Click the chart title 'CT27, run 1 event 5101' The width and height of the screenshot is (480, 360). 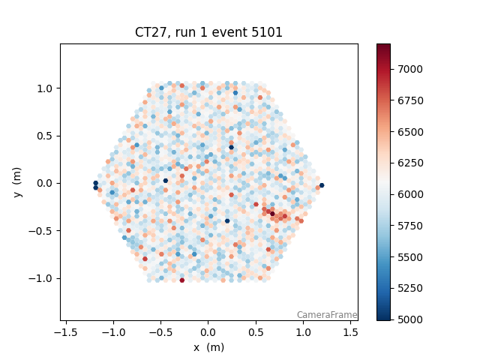pos(208,32)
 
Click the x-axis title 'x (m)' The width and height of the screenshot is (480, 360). pos(208,347)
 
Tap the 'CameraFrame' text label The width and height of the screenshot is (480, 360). pos(326,315)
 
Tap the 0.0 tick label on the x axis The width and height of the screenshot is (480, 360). pos(208,332)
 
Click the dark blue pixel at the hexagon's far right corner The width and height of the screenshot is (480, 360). pos(322,185)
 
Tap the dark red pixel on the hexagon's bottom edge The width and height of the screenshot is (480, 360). pos(182,280)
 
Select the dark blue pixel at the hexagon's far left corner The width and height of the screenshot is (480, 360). pos(95,183)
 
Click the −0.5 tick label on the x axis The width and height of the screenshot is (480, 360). pos(160,332)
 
